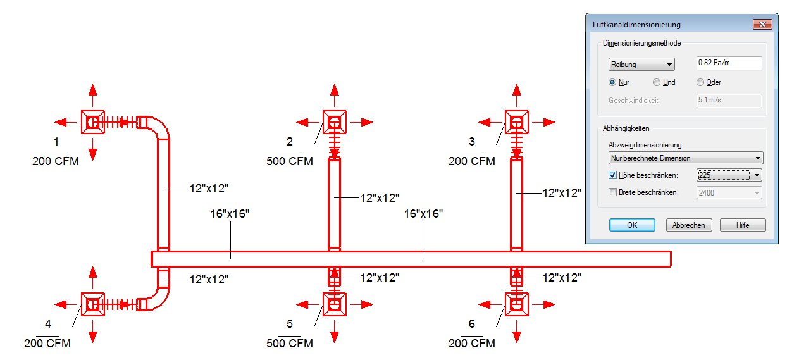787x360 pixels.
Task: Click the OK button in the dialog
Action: click(x=632, y=225)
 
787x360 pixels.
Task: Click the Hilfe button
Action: click(x=743, y=225)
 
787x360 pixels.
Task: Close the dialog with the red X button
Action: click(x=762, y=24)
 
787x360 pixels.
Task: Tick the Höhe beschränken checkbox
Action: click(x=612, y=175)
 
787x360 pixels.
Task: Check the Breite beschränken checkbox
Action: click(x=612, y=192)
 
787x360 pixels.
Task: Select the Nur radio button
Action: click(x=612, y=82)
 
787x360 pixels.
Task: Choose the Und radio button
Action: click(x=656, y=82)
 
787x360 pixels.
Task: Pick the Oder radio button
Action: click(x=700, y=82)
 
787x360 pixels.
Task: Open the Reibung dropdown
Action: click(x=641, y=65)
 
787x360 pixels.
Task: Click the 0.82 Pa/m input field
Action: click(x=729, y=63)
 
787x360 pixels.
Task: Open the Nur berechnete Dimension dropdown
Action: click(x=686, y=158)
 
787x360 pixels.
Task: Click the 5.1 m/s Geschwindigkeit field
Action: click(x=729, y=101)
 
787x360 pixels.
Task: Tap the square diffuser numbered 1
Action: click(x=93, y=122)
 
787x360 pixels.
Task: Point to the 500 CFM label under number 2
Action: click(x=290, y=161)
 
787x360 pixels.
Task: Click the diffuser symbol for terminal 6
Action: click(x=516, y=304)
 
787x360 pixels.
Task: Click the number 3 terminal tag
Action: click(x=471, y=142)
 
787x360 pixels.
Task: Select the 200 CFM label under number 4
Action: click(x=47, y=343)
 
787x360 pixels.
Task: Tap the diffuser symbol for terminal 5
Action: click(x=335, y=304)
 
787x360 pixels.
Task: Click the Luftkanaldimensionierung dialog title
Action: click(x=636, y=25)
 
